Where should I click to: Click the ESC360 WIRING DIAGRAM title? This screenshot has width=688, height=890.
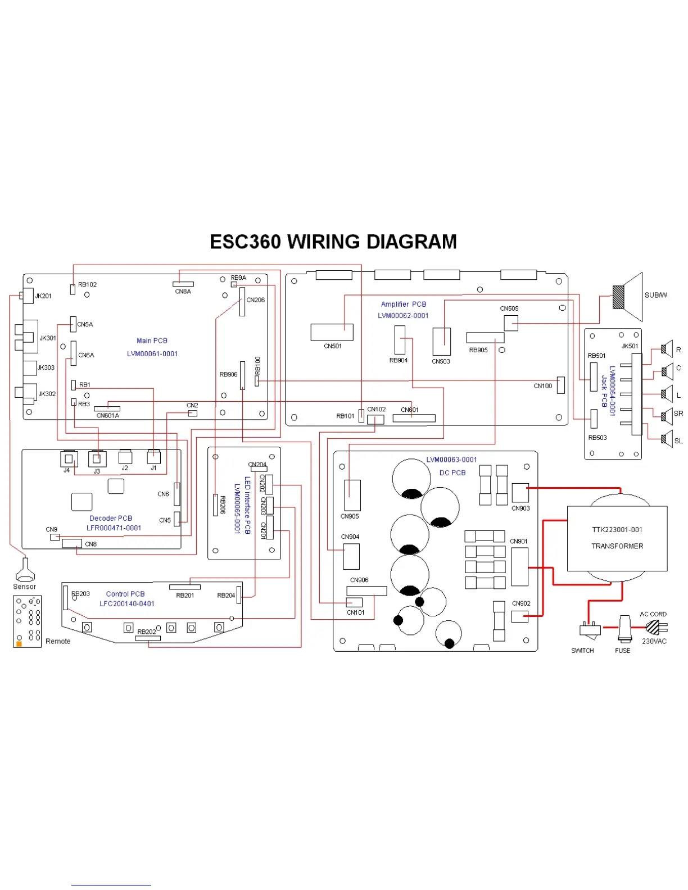pyautogui.click(x=333, y=242)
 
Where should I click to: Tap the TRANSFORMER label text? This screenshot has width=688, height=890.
pyautogui.click(x=617, y=546)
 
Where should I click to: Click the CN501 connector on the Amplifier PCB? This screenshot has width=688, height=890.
pyautogui.click(x=332, y=332)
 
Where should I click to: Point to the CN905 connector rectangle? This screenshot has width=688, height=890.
pyautogui.click(x=352, y=495)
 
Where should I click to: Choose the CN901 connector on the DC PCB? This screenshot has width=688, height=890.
pyautogui.click(x=519, y=566)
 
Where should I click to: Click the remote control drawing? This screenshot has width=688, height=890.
pyautogui.click(x=28, y=621)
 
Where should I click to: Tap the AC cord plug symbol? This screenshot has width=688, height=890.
pyautogui.click(x=654, y=626)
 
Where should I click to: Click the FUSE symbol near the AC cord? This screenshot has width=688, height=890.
pyautogui.click(x=623, y=629)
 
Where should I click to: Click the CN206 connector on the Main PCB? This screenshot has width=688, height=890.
pyautogui.click(x=242, y=302)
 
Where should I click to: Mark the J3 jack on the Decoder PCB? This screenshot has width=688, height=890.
pyautogui.click(x=97, y=459)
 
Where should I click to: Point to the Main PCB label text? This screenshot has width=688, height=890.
pyautogui.click(x=152, y=340)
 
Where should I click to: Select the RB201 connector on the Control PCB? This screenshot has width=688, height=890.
pyautogui.click(x=184, y=587)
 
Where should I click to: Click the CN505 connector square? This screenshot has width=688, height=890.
pyautogui.click(x=510, y=323)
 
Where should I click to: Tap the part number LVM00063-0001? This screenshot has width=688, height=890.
pyautogui.click(x=451, y=460)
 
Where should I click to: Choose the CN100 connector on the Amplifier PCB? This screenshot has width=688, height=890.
pyautogui.click(x=560, y=385)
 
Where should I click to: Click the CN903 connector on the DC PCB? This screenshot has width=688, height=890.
pyautogui.click(x=520, y=493)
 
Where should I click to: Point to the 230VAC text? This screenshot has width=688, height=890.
pyautogui.click(x=654, y=641)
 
